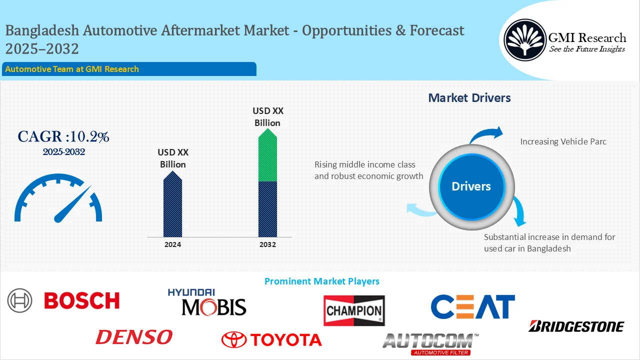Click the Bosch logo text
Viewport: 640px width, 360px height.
pyautogui.click(x=82, y=300)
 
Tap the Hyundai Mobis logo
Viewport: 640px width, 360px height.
pyautogui.click(x=206, y=302)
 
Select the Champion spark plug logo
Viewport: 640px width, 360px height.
pyautogui.click(x=354, y=310)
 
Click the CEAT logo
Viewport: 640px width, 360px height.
pyautogui.click(x=472, y=306)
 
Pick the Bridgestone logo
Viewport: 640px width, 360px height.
pyautogui.click(x=576, y=326)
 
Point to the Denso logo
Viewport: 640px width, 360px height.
pyautogui.click(x=134, y=337)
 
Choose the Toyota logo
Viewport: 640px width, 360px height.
pyautogui.click(x=271, y=339)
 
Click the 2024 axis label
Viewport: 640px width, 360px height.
pyautogui.click(x=172, y=244)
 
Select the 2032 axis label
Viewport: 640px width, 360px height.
pyautogui.click(x=267, y=244)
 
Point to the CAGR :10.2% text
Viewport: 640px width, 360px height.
pyautogui.click(x=63, y=136)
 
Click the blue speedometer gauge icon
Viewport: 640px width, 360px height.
pyautogui.click(x=58, y=198)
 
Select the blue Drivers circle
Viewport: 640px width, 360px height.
pyautogui.click(x=471, y=186)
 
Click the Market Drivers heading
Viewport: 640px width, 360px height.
pyautogui.click(x=469, y=98)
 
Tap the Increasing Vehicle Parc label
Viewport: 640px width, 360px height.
pyautogui.click(x=563, y=141)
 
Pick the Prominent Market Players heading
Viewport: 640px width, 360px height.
pyautogui.click(x=321, y=281)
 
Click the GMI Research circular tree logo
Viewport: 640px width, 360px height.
pyautogui.click(x=524, y=40)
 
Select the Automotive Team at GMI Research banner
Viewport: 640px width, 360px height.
pyautogui.click(x=129, y=69)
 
